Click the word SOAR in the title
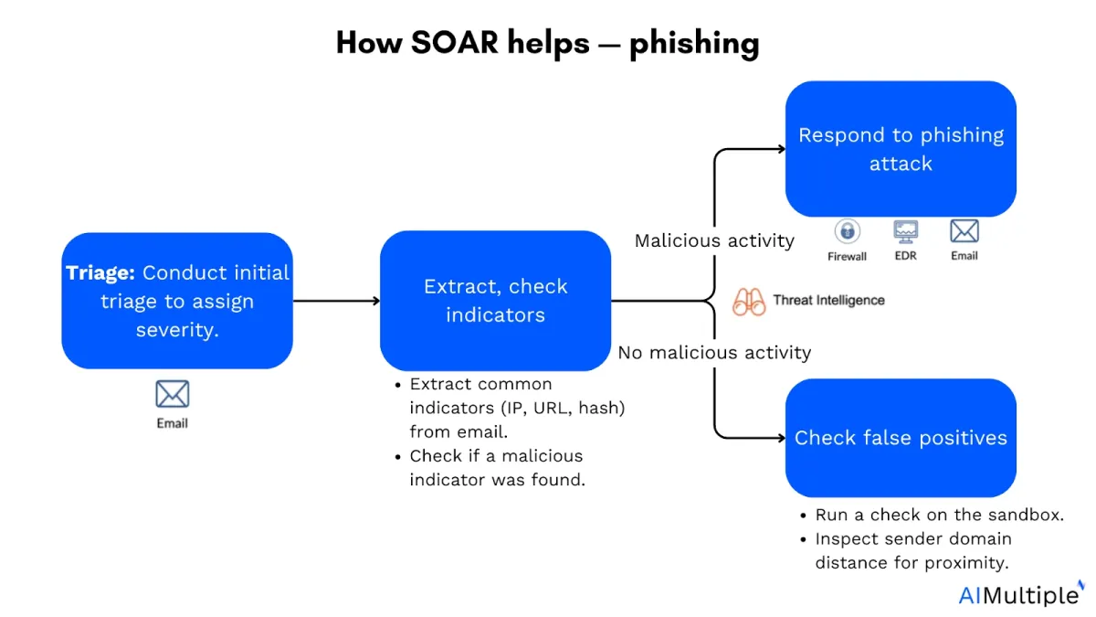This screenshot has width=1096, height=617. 455,43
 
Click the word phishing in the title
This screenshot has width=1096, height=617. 694,44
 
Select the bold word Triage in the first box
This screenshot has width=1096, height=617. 100,272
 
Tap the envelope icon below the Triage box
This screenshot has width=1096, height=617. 173,394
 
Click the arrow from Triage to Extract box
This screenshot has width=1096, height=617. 337,301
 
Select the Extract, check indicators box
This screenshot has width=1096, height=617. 495,301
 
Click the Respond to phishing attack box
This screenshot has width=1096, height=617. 901,149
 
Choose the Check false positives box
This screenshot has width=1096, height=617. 901,438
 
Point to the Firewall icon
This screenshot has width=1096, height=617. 848,231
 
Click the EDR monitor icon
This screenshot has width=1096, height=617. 906,231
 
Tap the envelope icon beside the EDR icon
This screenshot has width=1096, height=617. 964,231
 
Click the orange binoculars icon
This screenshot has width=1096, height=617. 749,302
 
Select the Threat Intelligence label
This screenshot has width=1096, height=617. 829,300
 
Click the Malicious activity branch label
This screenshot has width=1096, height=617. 714,241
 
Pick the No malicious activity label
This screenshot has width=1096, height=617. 714,353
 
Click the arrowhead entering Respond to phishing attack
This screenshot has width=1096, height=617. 782,149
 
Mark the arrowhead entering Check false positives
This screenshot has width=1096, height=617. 782,438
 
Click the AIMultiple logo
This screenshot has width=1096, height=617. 1021,594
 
